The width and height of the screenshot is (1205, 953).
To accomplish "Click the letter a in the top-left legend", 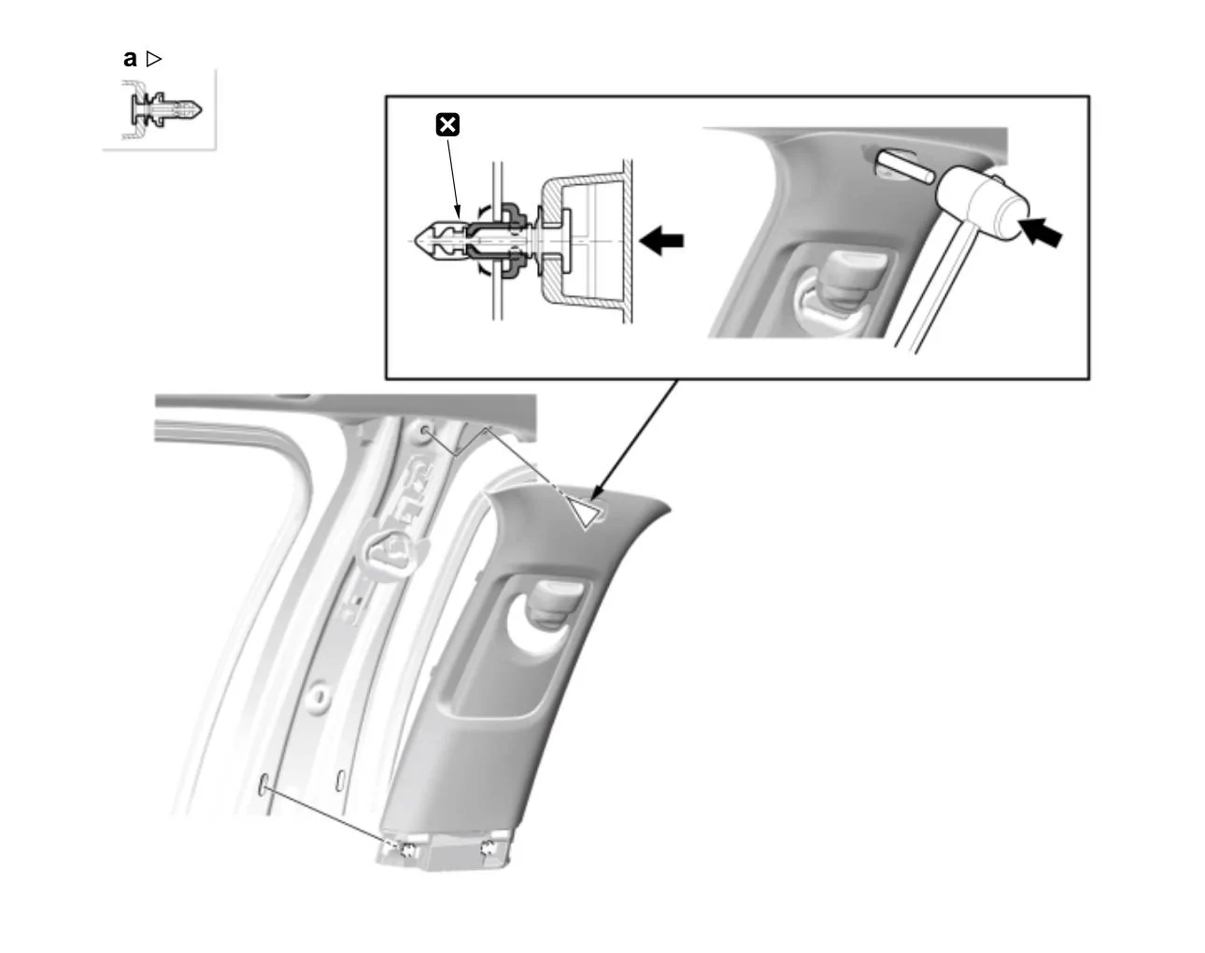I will tap(130, 59).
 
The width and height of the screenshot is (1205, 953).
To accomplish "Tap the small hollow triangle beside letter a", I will tap(154, 59).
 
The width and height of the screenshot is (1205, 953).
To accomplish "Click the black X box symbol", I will tap(448, 124).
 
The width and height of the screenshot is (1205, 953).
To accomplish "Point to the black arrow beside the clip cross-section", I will tap(664, 240).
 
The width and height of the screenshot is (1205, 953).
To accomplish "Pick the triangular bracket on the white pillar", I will tap(387, 551).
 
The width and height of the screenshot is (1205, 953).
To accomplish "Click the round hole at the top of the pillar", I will tap(425, 432).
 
